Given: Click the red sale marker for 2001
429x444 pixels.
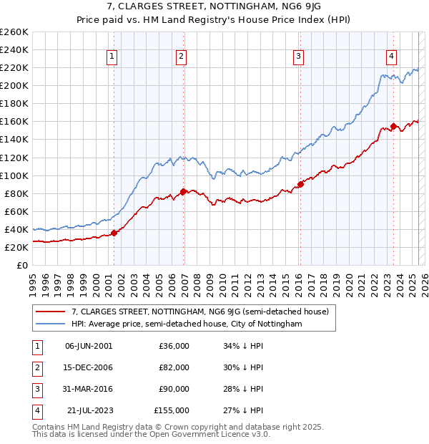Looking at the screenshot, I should (114, 233).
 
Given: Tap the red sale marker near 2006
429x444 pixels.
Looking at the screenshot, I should (183, 191).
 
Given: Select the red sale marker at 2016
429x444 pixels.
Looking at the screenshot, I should (300, 184).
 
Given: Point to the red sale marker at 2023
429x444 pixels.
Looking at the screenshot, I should (393, 126).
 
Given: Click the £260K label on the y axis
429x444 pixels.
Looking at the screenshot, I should (14, 32).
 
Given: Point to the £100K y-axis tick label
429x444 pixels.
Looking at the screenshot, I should (14, 175).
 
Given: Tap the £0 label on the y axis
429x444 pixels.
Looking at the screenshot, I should (22, 265).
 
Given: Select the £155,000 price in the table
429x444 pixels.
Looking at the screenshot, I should (172, 410).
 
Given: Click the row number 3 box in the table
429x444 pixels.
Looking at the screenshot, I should (35, 389).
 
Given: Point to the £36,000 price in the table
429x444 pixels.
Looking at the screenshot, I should (174, 346).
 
